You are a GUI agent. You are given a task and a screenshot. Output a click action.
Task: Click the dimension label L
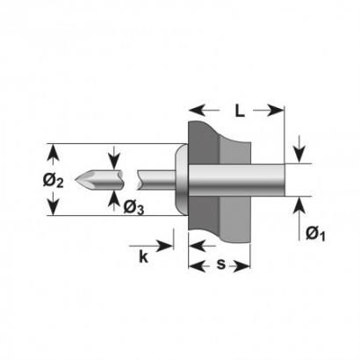point(240,111)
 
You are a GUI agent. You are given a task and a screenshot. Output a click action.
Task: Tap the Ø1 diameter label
point(315,234)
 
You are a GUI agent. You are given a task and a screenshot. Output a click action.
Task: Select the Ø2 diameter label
point(53,181)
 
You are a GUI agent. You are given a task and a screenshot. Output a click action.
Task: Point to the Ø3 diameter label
point(133,208)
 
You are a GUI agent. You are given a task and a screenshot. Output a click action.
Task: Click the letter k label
point(143,256)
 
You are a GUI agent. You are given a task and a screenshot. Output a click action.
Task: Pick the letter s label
point(221,264)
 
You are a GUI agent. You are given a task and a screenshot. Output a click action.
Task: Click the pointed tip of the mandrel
point(76,180)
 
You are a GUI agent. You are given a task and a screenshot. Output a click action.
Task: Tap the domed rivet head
point(182,180)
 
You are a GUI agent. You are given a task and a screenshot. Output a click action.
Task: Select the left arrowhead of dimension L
point(197,110)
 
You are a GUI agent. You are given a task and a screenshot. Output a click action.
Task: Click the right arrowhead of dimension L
point(276,110)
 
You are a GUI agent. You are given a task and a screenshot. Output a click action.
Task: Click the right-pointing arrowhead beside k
point(165,246)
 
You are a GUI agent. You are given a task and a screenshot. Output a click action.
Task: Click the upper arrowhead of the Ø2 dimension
point(54,153)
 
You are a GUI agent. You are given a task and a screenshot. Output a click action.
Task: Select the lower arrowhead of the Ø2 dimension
point(54,207)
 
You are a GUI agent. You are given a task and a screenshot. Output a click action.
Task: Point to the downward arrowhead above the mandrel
point(114,162)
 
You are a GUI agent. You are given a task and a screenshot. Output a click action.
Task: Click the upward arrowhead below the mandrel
point(114,198)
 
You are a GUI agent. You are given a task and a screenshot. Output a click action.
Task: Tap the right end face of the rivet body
point(284,180)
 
